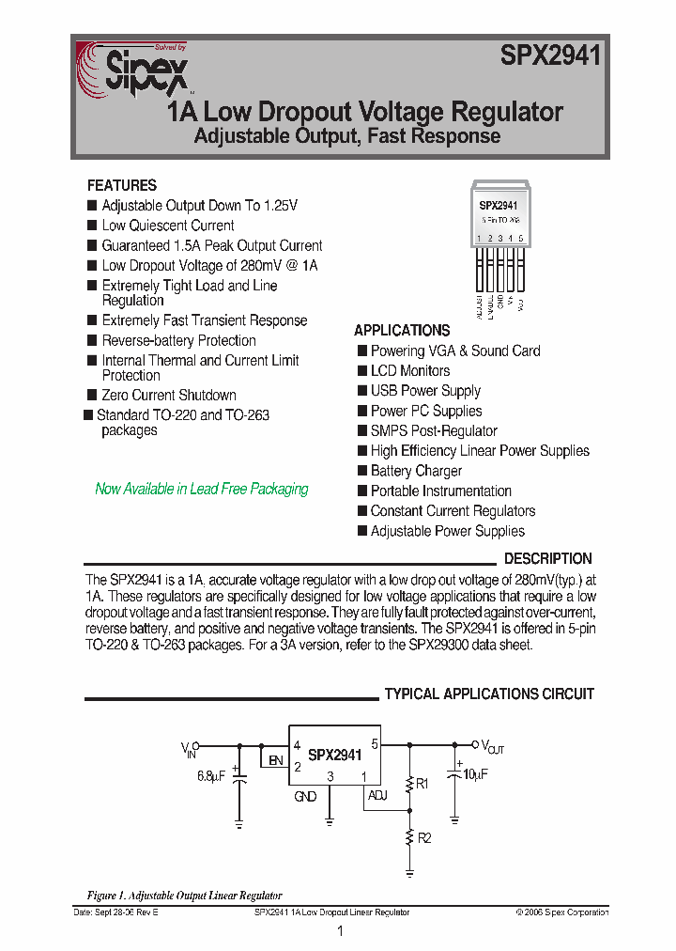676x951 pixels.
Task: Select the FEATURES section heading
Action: pyautogui.click(x=122, y=185)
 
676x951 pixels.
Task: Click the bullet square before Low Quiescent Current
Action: pyautogui.click(x=92, y=226)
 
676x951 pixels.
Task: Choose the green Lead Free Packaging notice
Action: pyautogui.click(x=202, y=489)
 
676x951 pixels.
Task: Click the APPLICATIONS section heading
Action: pyautogui.click(x=402, y=331)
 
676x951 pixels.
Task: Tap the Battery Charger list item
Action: pyautogui.click(x=416, y=471)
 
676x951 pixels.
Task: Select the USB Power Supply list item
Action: pyautogui.click(x=425, y=391)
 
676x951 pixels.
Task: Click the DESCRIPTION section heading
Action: pyautogui.click(x=548, y=558)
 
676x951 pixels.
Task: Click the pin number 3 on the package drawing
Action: pyautogui.click(x=499, y=239)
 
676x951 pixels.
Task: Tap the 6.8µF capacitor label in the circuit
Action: pyautogui.click(x=211, y=776)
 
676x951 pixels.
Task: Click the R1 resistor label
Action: pyautogui.click(x=422, y=783)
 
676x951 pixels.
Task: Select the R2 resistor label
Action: pyautogui.click(x=423, y=838)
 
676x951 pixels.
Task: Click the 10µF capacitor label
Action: pyautogui.click(x=475, y=775)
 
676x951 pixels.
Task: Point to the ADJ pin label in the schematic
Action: pyautogui.click(x=377, y=796)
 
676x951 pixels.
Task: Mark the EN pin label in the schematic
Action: pyautogui.click(x=275, y=760)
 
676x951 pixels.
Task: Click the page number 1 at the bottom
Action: pyautogui.click(x=339, y=931)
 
